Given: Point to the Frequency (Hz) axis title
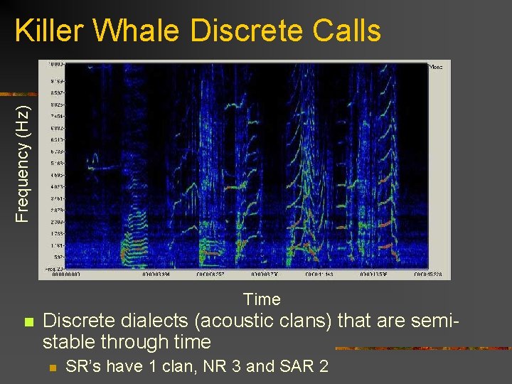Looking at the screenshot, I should (x=23, y=163).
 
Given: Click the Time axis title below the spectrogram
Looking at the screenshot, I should (x=262, y=299).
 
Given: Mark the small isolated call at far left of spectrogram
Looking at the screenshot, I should (x=100, y=169).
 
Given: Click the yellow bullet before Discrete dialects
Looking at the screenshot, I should (x=28, y=322).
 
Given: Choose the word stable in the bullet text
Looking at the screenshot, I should (x=70, y=342).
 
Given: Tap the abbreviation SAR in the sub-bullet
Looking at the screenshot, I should (x=294, y=367).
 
